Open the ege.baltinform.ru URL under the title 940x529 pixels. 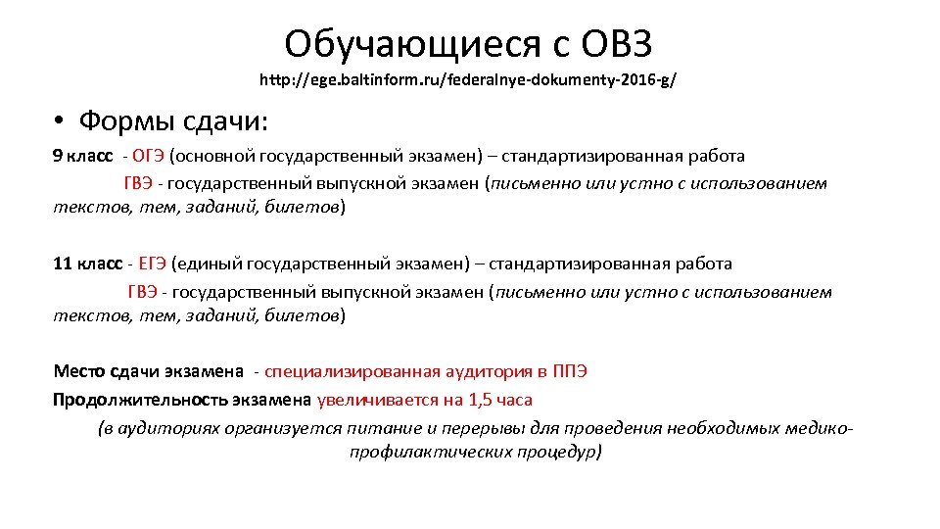(467, 78)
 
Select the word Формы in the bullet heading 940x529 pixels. (118, 122)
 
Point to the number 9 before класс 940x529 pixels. (58, 156)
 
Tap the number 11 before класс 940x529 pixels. (63, 264)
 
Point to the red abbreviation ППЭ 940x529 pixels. (569, 371)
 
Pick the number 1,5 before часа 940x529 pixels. (481, 400)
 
